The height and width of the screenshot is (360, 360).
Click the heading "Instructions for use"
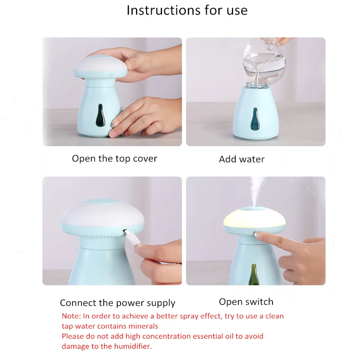187,10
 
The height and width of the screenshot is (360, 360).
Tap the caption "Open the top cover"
114,159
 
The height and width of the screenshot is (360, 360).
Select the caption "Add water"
242,159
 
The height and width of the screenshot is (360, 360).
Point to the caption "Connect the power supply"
118,303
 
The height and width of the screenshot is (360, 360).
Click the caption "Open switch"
246,302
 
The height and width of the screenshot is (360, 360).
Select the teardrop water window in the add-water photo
254,119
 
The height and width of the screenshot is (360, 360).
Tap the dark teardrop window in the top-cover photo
100,116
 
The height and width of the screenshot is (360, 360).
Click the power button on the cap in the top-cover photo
111,75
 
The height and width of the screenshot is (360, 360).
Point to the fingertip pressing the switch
256,234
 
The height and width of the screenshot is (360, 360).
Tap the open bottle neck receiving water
256,85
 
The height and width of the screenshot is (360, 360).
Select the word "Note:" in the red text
71,316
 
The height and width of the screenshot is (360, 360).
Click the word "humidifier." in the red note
133,346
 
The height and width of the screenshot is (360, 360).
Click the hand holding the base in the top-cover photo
145,117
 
